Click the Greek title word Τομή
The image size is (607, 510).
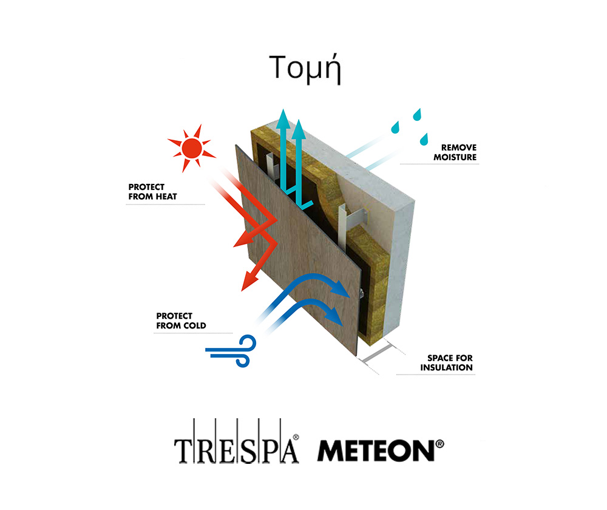point(305,69)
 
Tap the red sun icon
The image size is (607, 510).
point(192,148)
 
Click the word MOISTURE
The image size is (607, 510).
point(455,157)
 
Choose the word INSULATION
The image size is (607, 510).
point(446,367)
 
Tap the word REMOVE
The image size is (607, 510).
point(459,148)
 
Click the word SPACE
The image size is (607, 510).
point(439,358)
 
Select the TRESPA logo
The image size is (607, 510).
point(237,441)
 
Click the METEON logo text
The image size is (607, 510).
point(376,450)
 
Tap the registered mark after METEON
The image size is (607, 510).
point(439,444)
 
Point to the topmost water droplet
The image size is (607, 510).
point(417,115)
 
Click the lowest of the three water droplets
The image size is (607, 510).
point(424,140)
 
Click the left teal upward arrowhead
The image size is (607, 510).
point(283,119)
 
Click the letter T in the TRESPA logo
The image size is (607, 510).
point(184,451)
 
